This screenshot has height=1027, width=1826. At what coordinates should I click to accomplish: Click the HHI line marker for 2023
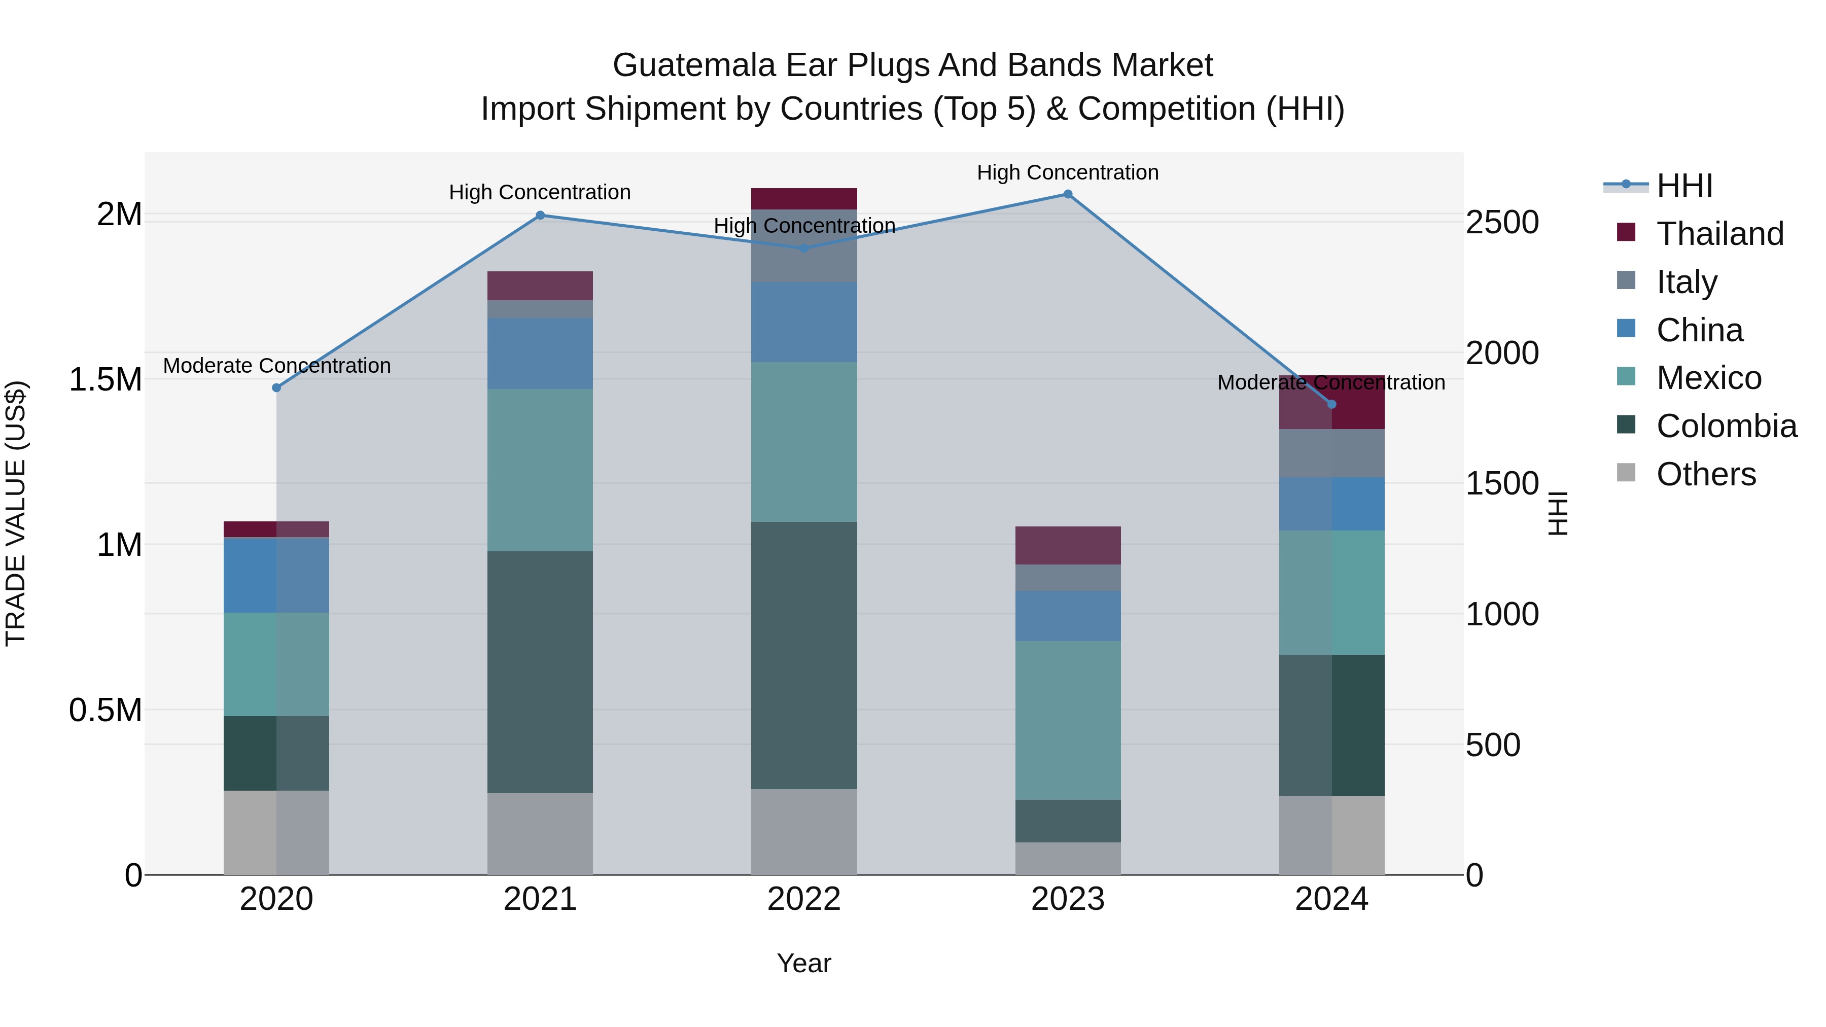point(1068,194)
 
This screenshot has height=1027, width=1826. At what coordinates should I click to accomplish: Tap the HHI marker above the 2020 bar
point(276,387)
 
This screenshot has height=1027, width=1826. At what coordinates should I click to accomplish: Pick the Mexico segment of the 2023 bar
point(1068,720)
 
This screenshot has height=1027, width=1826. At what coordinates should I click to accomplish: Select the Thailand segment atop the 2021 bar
point(540,286)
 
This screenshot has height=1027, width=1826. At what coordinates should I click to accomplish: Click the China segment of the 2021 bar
point(540,353)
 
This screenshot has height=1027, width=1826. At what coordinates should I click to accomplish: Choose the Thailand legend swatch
point(1626,232)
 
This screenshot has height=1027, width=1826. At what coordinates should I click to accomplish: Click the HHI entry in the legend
point(1684,186)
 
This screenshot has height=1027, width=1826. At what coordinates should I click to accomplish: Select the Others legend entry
point(1705,474)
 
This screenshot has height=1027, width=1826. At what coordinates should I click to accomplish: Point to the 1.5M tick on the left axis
point(105,380)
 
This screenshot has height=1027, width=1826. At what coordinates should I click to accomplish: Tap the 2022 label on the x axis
point(804,899)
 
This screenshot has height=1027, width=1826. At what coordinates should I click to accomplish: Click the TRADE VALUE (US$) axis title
point(16,513)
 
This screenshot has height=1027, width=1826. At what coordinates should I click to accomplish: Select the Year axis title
point(804,963)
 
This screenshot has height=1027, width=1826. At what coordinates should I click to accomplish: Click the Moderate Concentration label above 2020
point(276,366)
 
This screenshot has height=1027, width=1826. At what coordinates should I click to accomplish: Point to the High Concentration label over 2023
point(1068,172)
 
